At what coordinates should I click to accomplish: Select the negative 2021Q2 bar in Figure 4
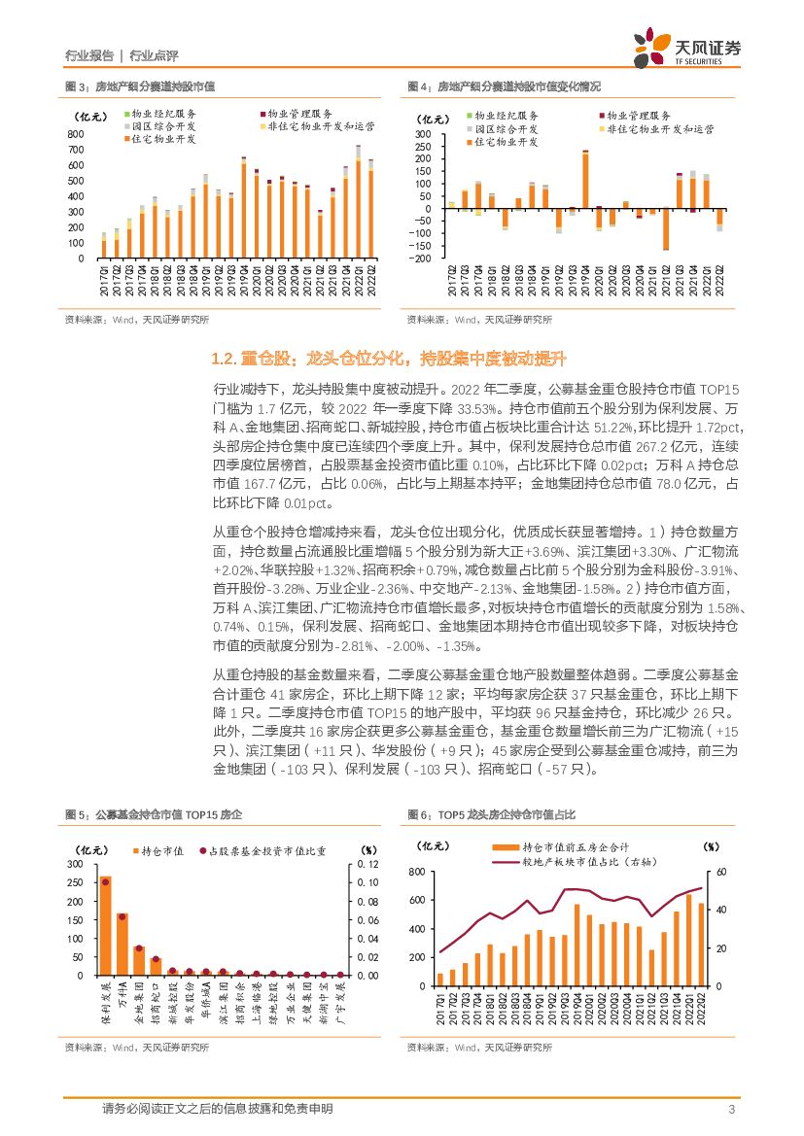(666, 229)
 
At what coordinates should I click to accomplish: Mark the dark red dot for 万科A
(122, 916)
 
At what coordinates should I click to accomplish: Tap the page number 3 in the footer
(730, 1109)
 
